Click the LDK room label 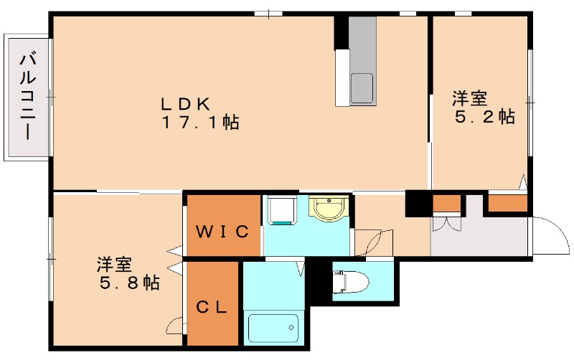[186, 104]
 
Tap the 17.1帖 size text [200, 122]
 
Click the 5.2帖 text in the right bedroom [484, 117]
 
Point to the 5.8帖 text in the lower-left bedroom [130, 283]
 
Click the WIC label [222, 232]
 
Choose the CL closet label [212, 308]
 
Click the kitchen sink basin [362, 88]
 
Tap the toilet [350, 282]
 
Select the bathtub [273, 328]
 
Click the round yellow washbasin [329, 208]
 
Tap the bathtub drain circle [291, 328]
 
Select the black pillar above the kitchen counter [341, 32]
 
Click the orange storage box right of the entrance [508, 203]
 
